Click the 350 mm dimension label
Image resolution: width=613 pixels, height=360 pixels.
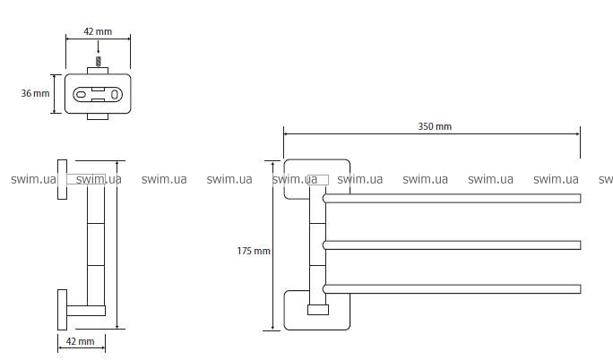click(x=435, y=126)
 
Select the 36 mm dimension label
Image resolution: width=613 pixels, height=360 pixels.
click(x=36, y=93)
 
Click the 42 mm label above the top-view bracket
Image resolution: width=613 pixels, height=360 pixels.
click(x=98, y=32)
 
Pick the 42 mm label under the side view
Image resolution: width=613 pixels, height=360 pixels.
click(x=81, y=341)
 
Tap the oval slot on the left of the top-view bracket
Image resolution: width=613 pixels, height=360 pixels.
click(x=82, y=93)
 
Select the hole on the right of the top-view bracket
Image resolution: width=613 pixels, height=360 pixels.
click(x=115, y=93)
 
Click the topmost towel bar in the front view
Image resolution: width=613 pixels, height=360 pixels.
click(x=453, y=198)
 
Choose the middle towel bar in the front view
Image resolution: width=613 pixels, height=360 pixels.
click(x=453, y=244)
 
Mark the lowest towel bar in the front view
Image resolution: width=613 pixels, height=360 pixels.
click(x=453, y=288)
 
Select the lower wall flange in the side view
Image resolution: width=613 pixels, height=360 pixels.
click(x=62, y=310)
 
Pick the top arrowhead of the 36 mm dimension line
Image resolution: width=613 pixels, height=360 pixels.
click(x=56, y=76)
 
